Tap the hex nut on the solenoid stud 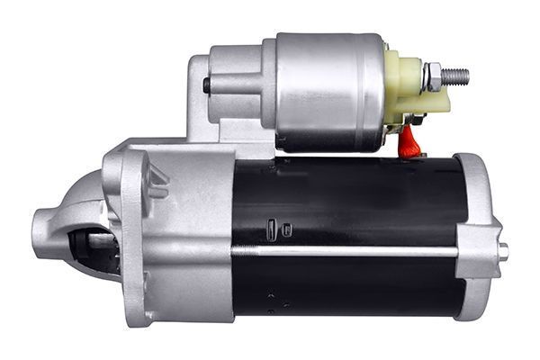click(433, 76)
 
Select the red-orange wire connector click(409, 139)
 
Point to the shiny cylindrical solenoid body click(329, 90)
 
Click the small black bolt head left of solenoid click(207, 85)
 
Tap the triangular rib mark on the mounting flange click(158, 180)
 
